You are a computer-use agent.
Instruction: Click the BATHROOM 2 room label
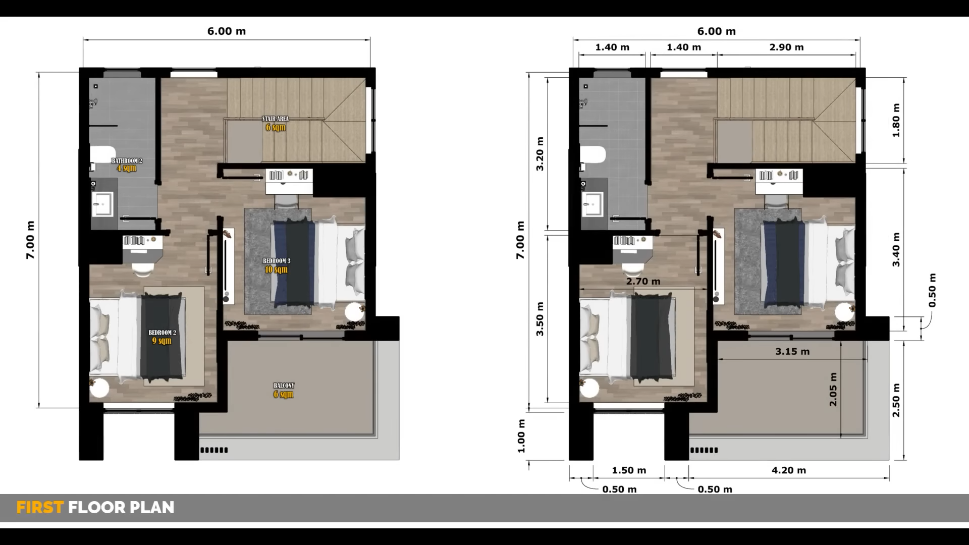pos(127,161)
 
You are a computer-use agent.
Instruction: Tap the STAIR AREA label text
pos(276,119)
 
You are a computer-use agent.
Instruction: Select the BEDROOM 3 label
pos(277,261)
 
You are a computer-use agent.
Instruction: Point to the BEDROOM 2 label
pos(162,333)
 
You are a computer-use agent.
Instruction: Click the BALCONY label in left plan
pos(284,386)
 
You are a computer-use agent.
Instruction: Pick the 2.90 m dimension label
pos(786,47)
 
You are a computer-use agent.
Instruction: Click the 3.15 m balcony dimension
pos(792,352)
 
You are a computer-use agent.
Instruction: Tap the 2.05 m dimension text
pos(833,390)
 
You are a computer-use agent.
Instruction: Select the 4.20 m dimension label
pos(789,470)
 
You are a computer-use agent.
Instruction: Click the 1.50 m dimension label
pos(629,470)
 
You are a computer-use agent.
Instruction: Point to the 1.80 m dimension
pos(896,120)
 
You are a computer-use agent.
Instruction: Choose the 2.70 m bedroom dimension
pos(643,282)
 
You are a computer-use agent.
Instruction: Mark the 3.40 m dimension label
pos(896,249)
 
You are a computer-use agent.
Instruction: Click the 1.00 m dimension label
pos(521,436)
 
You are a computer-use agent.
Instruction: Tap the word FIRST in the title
pos(40,507)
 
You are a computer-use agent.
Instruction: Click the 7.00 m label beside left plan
pos(30,240)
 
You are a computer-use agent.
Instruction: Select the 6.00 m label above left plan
pos(227,31)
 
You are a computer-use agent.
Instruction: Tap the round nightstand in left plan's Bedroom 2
pos(99,389)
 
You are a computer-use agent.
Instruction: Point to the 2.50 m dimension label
pos(896,400)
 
